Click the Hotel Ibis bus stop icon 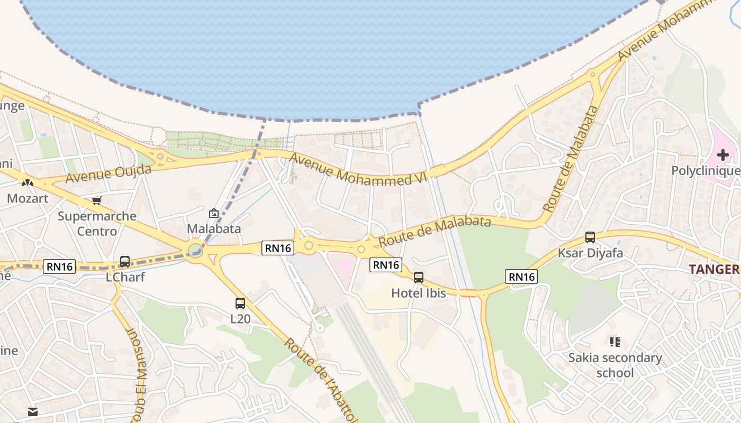click(x=419, y=277)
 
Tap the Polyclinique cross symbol click(x=722, y=155)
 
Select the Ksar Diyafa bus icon click(x=590, y=237)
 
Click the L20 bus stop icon click(x=240, y=304)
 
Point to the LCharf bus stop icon click(x=125, y=261)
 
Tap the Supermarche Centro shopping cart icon click(x=96, y=200)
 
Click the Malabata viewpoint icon click(x=214, y=213)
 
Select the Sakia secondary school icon click(x=615, y=342)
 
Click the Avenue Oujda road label click(x=108, y=173)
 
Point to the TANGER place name click(x=715, y=269)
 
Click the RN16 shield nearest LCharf click(x=60, y=266)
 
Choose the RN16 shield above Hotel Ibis click(x=386, y=265)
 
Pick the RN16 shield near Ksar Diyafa click(x=521, y=277)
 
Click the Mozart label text click(x=28, y=198)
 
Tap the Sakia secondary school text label click(x=615, y=365)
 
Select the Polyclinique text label click(x=706, y=171)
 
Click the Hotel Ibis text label click(x=419, y=292)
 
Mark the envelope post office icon click(x=33, y=412)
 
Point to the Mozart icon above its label click(x=27, y=183)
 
